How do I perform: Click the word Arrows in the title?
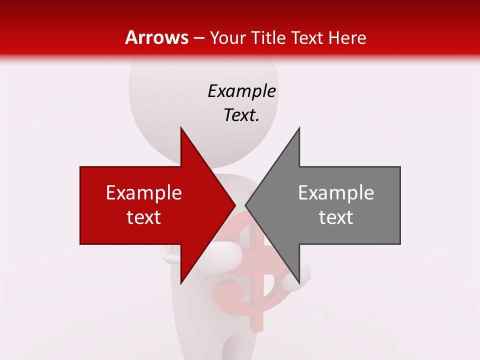click(157, 37)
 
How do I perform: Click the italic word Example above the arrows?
click(241, 91)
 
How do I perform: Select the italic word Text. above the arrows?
click(241, 115)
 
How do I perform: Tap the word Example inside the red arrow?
click(144, 193)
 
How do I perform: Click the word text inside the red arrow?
click(144, 217)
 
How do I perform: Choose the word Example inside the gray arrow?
click(336, 193)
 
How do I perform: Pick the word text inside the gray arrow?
click(336, 217)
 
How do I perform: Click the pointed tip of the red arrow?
click(235, 205)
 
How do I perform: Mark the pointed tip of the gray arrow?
click(245, 205)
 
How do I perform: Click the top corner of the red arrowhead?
click(181, 128)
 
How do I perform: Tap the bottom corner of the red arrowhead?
click(181, 283)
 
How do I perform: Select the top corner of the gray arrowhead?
click(299, 128)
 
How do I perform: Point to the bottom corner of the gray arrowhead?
click(299, 283)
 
